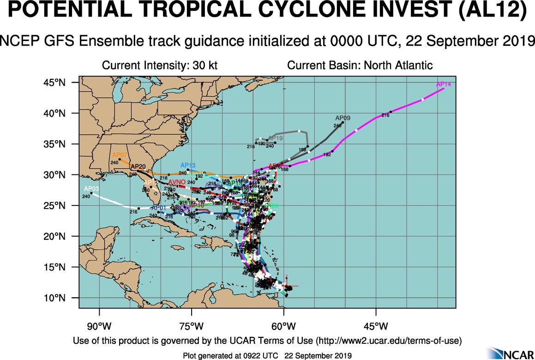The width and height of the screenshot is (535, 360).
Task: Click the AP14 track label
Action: pyautogui.click(x=443, y=84)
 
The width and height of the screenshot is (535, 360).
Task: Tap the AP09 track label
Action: pyautogui.click(x=343, y=118)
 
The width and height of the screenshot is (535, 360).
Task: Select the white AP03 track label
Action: pyautogui.click(x=91, y=189)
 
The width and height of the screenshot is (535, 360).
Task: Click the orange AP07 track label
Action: pyautogui.click(x=120, y=155)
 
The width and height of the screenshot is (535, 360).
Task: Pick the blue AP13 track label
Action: pyautogui.click(x=188, y=165)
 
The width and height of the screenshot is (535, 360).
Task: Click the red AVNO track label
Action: pyautogui.click(x=177, y=182)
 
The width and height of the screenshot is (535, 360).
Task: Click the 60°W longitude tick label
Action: pyautogui.click(x=283, y=327)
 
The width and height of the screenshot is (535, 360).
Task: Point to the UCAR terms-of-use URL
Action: pyautogui.click(x=389, y=341)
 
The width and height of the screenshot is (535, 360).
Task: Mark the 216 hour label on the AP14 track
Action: pyautogui.click(x=385, y=115)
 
